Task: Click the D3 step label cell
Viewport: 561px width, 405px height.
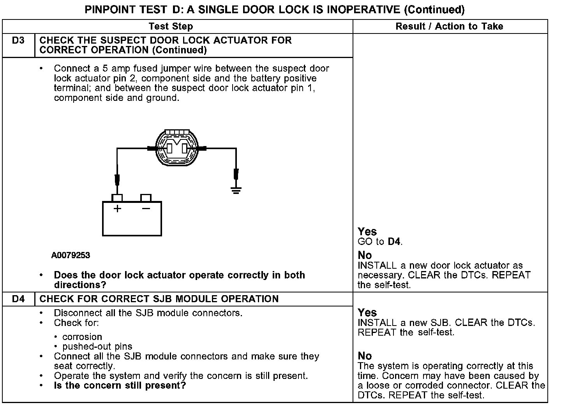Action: click(18, 40)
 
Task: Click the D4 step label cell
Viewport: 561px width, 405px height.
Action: click(18, 299)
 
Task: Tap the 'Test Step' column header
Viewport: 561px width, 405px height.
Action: click(171, 26)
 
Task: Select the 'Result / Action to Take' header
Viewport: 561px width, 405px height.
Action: click(449, 26)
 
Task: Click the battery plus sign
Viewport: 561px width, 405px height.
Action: click(117, 209)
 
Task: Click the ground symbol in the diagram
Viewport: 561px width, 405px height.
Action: click(236, 190)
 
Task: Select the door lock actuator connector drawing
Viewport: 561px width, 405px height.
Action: click(176, 148)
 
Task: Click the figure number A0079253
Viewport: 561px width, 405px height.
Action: click(71, 255)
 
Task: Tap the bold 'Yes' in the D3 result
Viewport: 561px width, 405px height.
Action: click(367, 232)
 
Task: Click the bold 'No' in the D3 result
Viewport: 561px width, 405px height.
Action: click(365, 255)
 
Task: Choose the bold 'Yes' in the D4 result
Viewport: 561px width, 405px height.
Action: click(367, 313)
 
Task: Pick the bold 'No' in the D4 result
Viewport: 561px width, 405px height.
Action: click(365, 356)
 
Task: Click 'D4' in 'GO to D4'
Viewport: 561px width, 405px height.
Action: click(394, 242)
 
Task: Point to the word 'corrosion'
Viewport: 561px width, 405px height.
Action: click(82, 337)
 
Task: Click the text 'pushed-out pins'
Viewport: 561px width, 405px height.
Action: click(97, 347)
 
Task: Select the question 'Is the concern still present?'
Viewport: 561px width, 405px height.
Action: click(120, 386)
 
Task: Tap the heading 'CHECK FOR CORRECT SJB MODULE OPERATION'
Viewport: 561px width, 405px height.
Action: click(159, 299)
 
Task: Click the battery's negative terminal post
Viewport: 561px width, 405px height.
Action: click(146, 198)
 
